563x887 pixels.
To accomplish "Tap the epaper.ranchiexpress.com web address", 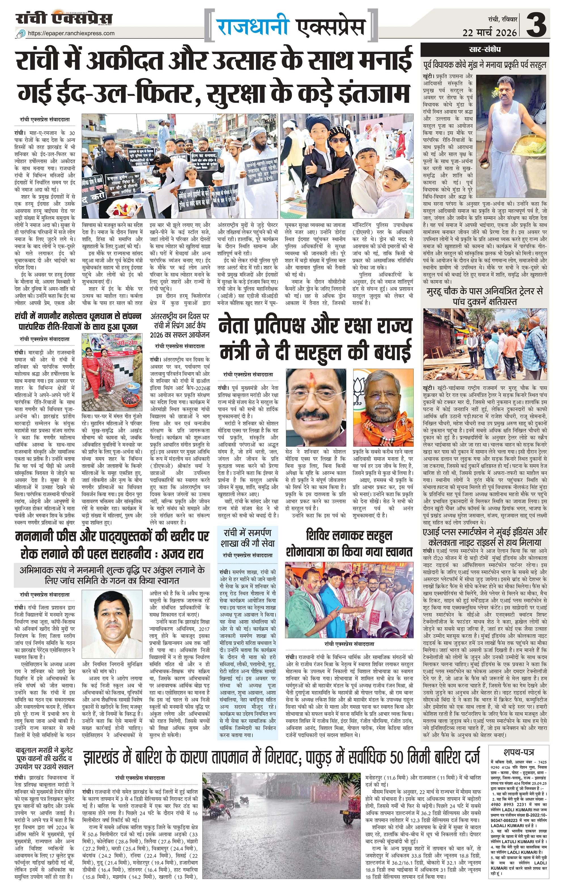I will (71, 33).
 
